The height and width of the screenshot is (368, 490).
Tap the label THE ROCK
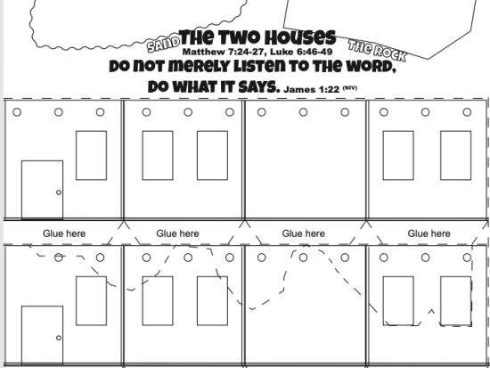coord(378,50)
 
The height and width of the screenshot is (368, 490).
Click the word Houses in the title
coord(301,37)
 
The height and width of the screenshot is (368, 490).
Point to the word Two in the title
coord(241,37)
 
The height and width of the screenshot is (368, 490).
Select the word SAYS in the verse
coord(258,87)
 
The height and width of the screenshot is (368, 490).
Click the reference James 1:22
coord(311,89)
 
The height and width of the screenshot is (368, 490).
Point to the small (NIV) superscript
coord(350,87)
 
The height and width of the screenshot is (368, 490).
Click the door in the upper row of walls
coord(42,190)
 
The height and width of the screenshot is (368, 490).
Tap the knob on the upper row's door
coord(59,192)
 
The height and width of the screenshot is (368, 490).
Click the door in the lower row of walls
coord(42,335)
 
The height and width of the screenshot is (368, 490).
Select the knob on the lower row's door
coord(59,338)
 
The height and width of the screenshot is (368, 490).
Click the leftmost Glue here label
coord(64,233)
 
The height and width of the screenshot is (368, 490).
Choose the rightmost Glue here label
coord(429,233)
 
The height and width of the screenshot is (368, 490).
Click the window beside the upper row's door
coord(91,155)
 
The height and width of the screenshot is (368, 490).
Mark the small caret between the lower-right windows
coord(431,311)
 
